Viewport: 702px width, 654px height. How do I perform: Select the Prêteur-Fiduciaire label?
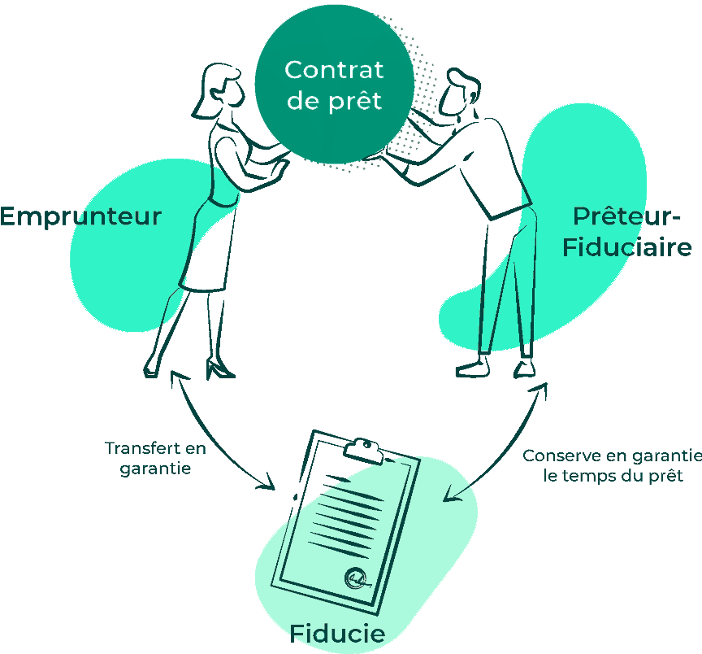coord(626,231)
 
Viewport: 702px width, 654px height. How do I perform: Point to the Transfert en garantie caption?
coord(155,458)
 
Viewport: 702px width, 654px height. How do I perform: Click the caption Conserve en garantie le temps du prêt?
coord(611,465)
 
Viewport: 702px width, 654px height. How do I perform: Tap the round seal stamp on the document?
coord(355,577)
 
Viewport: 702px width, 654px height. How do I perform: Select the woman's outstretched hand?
coord(280,167)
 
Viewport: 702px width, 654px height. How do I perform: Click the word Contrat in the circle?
coord(333,70)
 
